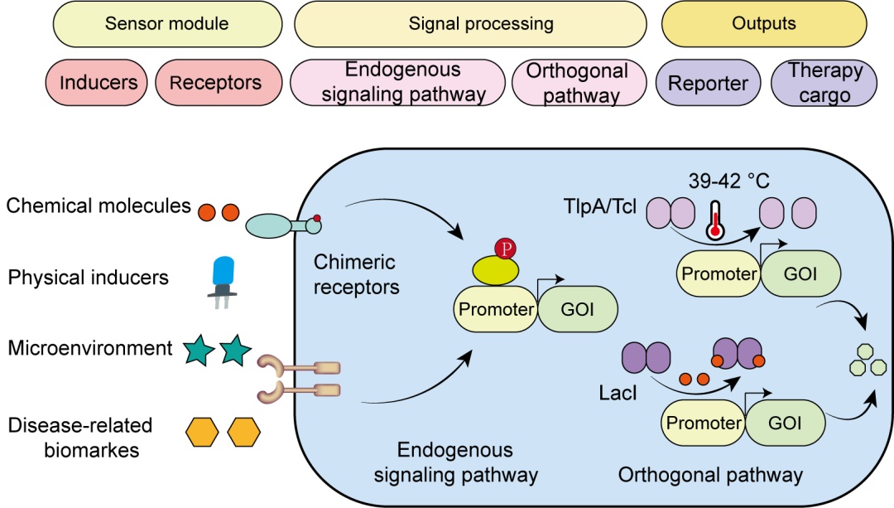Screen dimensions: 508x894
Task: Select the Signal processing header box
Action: point(480,23)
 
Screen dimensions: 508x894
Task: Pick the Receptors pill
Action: point(215,83)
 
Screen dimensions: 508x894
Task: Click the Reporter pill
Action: point(708,83)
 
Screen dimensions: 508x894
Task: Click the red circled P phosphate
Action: point(503,249)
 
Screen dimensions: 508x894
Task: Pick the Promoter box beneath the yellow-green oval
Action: point(494,309)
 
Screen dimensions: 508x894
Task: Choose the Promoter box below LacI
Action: point(703,423)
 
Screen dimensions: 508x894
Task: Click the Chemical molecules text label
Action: point(99,206)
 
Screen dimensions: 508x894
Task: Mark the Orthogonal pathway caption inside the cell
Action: point(710,474)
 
